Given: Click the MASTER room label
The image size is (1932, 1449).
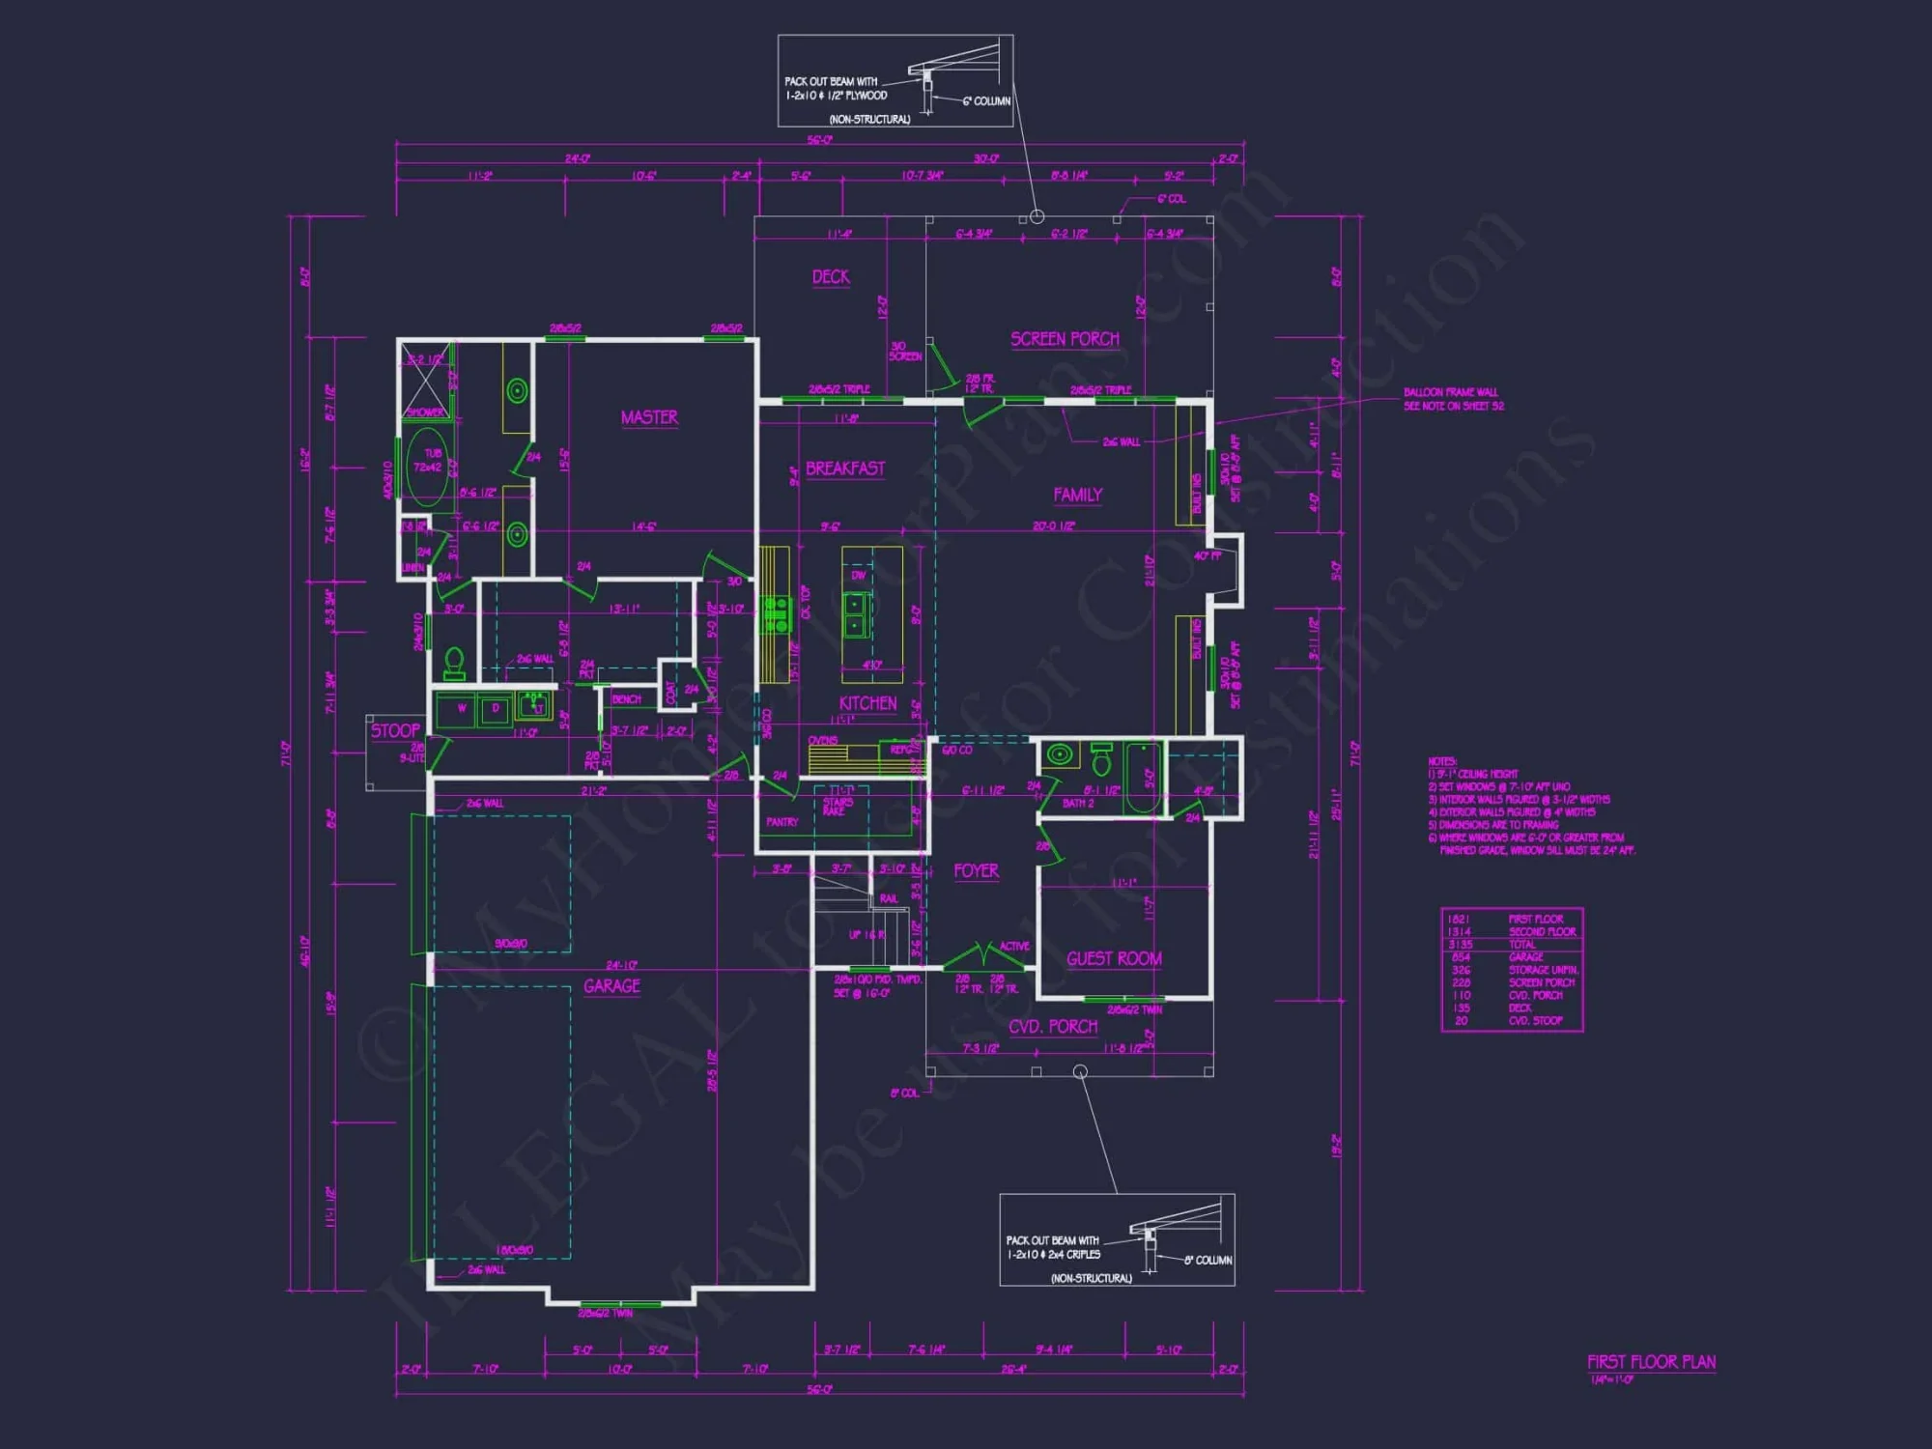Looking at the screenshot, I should click(649, 417).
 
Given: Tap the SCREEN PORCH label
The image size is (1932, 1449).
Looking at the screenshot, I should click(1065, 339).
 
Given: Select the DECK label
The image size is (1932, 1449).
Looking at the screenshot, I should click(831, 277).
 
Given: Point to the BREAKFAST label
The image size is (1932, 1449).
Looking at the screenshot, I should click(845, 469).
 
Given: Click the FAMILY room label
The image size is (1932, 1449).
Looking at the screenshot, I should click(1077, 495).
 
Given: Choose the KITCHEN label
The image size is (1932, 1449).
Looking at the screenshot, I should click(867, 703).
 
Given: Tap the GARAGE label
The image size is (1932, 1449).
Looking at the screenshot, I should click(611, 986).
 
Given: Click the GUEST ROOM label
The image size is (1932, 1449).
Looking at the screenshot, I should click(1114, 958).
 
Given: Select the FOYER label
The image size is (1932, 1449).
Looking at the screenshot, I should click(976, 870).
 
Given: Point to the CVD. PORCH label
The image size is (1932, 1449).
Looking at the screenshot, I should click(1053, 1027).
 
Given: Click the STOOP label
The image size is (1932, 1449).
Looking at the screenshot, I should click(396, 730).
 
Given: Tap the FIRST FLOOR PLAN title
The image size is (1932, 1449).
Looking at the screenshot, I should click(1651, 1362).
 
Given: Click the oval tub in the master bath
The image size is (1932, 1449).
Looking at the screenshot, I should click(427, 468).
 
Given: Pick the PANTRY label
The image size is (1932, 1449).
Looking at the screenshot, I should click(781, 822).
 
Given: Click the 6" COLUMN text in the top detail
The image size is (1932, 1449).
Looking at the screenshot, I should click(986, 101).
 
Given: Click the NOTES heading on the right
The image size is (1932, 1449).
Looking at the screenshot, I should click(1442, 761).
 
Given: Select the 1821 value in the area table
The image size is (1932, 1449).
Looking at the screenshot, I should click(1459, 919).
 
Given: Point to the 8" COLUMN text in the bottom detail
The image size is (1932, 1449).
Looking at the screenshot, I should click(1207, 1260).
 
